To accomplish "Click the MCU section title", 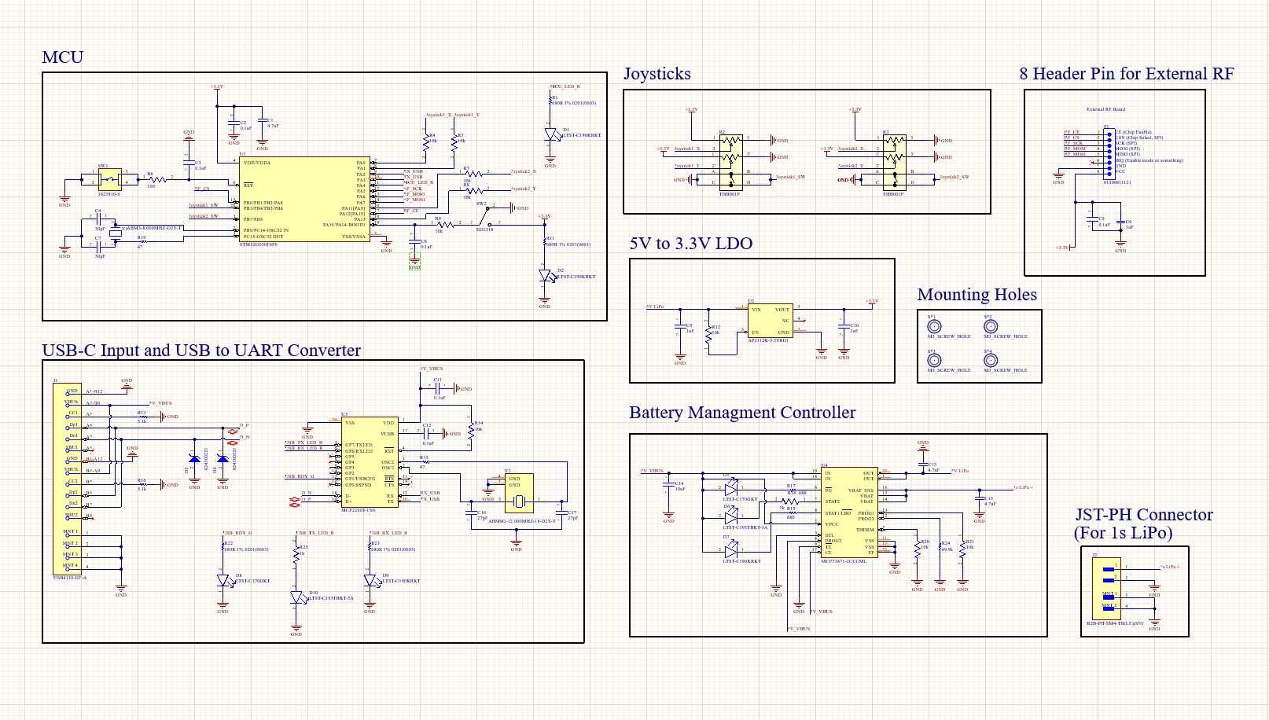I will [62, 57].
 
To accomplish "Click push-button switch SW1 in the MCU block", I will [109, 178].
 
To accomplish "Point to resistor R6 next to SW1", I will [158, 179].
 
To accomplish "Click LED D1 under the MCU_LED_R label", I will [551, 135].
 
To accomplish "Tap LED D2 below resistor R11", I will [546, 276].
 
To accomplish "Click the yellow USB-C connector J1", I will [67, 479].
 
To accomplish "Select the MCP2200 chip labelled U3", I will [369, 462].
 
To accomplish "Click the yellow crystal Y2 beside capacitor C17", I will [519, 493].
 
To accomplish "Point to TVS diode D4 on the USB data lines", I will [223, 458].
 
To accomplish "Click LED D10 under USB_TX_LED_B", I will [297, 597].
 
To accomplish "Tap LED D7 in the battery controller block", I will [731, 553].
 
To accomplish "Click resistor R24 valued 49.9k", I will [940, 547].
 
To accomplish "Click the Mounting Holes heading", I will [977, 295].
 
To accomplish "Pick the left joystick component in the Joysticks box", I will [730, 162].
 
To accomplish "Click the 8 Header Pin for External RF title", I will [1126, 74].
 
